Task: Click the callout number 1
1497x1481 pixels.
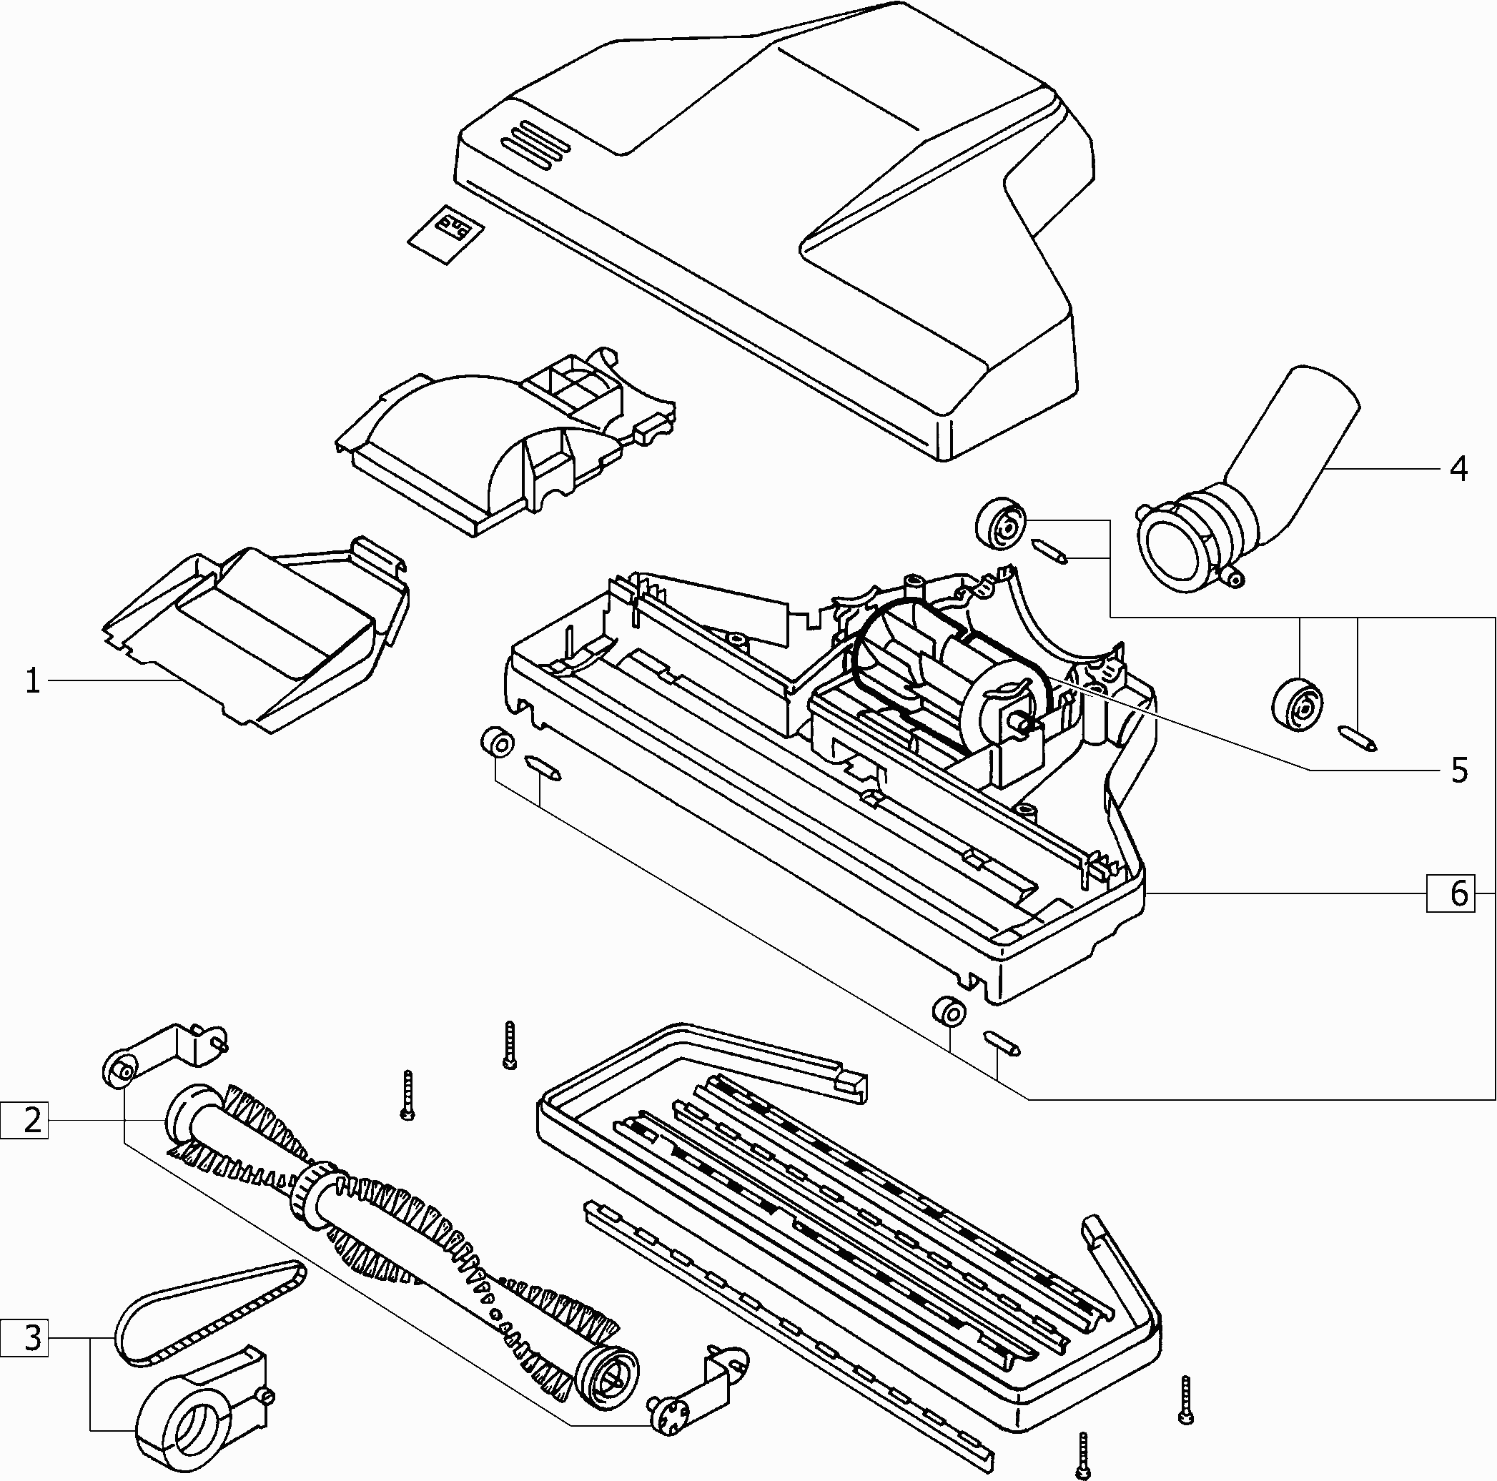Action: coord(31,681)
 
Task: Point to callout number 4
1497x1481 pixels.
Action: coord(1458,470)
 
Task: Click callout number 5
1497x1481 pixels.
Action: coord(1458,770)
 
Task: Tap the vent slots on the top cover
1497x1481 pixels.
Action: coord(535,144)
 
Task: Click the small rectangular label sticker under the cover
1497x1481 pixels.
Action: coord(445,233)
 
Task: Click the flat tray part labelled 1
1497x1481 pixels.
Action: coord(256,635)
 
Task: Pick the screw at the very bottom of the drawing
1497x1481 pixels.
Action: coord(1083,1456)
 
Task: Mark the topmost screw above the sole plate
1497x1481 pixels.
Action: coord(509,1045)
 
